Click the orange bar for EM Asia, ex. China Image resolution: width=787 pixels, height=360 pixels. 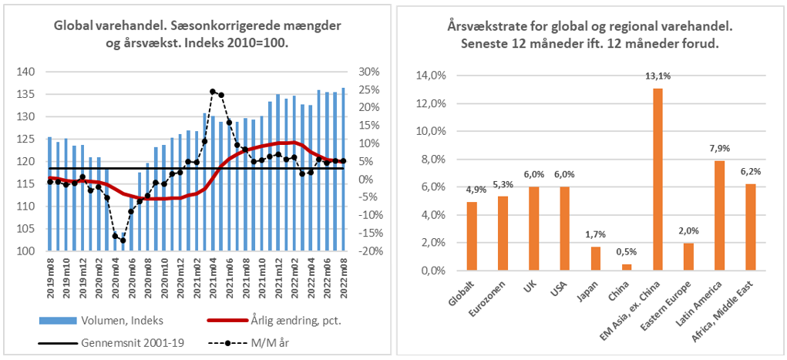tap(658, 180)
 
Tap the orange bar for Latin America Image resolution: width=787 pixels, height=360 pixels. tap(720, 216)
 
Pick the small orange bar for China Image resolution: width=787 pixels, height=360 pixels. tap(627, 267)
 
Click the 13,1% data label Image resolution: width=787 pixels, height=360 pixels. tap(658, 77)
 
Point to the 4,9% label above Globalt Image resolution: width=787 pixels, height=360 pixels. tap(471, 191)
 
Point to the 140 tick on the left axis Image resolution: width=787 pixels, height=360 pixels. tap(31, 72)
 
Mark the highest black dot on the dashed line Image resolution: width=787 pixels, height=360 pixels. tap(212, 92)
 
